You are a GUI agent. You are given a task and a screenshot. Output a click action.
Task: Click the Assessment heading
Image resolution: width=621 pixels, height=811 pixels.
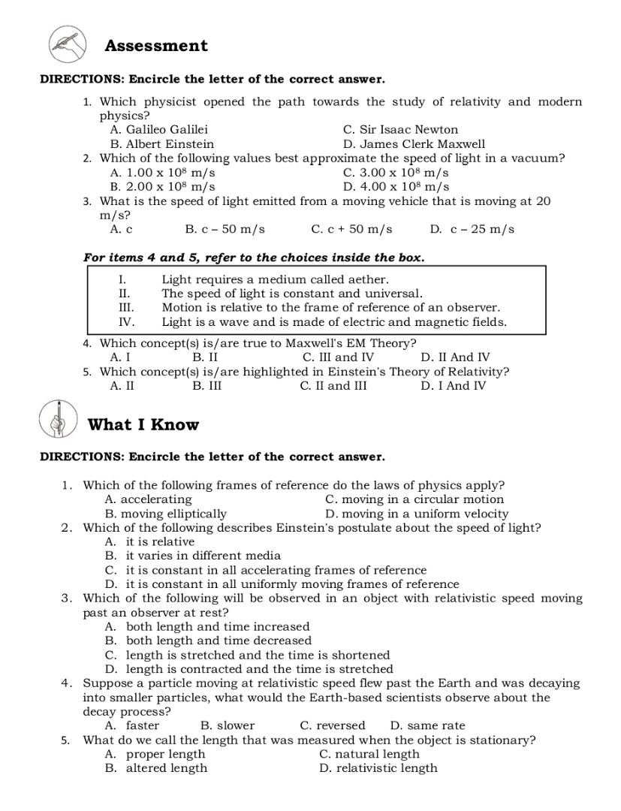(x=156, y=46)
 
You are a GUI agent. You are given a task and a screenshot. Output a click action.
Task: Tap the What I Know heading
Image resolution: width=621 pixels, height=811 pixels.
(x=143, y=425)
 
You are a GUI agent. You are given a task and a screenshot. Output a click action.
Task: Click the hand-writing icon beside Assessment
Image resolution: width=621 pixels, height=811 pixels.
(x=67, y=44)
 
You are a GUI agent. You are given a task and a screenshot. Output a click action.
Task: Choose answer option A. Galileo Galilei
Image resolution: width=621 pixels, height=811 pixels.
(x=158, y=130)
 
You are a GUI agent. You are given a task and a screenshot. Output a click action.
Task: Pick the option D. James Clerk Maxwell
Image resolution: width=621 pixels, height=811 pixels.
(x=414, y=144)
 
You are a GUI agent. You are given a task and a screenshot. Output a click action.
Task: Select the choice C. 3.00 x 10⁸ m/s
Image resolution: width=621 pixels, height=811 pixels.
(x=396, y=173)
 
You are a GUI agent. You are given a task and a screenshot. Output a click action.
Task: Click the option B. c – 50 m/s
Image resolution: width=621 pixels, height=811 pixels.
(x=225, y=229)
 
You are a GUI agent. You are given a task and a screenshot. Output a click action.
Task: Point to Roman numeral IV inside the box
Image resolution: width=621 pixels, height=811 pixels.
(x=126, y=322)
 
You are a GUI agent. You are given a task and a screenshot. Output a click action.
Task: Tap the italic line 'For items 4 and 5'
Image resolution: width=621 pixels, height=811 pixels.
(x=254, y=258)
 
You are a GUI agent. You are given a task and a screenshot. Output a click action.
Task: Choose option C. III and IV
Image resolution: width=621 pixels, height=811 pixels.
(x=337, y=357)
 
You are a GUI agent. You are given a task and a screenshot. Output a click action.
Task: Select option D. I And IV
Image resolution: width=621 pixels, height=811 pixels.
(x=453, y=386)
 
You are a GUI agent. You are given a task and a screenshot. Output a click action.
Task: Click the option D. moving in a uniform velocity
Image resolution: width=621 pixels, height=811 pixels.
(x=417, y=514)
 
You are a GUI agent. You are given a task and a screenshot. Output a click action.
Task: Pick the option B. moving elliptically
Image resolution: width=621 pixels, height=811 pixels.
(x=165, y=514)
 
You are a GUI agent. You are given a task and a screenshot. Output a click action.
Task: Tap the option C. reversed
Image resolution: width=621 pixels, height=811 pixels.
(x=332, y=725)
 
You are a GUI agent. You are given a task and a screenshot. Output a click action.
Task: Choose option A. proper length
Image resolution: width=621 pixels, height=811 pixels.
(x=155, y=754)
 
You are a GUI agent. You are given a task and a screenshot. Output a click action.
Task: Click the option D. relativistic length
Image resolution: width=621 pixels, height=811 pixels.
(x=378, y=768)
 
